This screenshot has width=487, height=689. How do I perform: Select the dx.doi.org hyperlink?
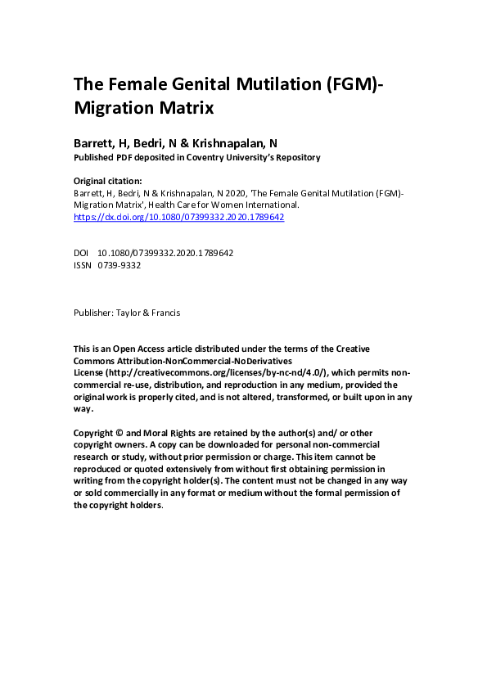(x=178, y=218)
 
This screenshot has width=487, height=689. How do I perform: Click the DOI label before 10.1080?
(x=81, y=254)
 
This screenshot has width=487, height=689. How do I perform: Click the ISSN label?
(x=82, y=266)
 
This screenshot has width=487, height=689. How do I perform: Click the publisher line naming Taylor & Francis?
(x=128, y=312)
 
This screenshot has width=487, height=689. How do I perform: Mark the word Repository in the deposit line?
(x=293, y=158)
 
